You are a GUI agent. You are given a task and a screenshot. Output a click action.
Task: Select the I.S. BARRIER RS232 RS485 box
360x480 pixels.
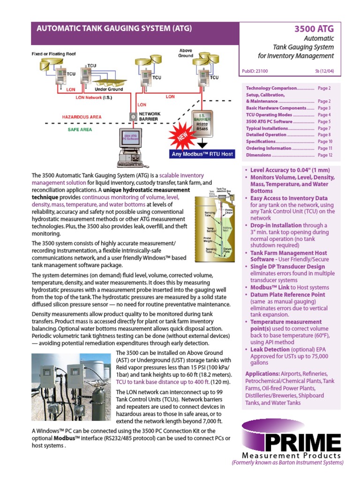(202, 122)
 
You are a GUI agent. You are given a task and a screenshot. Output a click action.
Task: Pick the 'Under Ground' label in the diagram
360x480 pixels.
(109, 89)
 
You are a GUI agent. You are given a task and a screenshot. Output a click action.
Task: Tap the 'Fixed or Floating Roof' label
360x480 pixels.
(53, 54)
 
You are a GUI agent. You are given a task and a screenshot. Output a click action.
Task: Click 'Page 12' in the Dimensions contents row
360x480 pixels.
(325, 155)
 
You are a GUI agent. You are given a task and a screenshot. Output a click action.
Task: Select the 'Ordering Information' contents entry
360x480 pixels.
(269, 148)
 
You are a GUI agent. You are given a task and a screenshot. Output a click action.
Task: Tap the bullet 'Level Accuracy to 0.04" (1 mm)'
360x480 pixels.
(290, 171)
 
